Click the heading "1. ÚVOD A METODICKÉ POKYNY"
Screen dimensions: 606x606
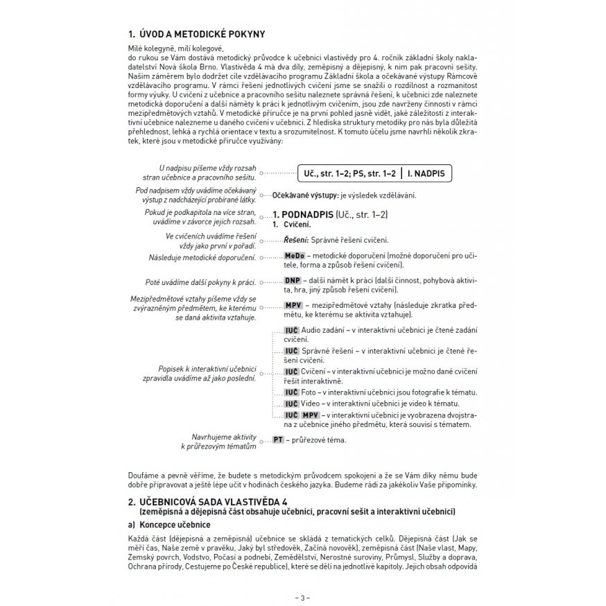[196, 34]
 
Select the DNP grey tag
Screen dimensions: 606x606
[293, 281]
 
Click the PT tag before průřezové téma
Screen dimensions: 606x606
[279, 440]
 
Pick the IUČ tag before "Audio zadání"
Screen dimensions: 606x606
[291, 330]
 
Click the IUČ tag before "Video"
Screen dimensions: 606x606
[291, 404]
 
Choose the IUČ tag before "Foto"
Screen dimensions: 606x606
[291, 392]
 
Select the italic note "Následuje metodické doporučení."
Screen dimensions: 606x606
[202, 258]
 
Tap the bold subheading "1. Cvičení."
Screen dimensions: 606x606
[291, 226]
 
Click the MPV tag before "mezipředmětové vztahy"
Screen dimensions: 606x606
[294, 305]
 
